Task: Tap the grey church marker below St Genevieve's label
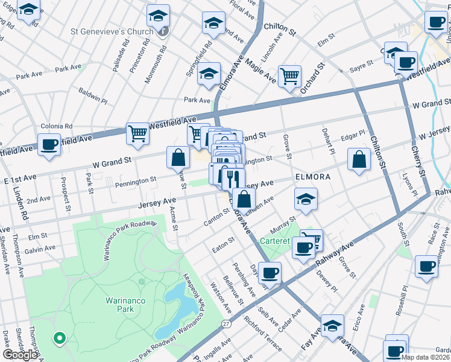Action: coord(163,32)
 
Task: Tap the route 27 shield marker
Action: coord(225,324)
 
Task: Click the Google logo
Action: coord(20,355)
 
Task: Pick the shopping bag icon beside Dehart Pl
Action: coord(359,160)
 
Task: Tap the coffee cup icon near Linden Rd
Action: coord(49,145)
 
